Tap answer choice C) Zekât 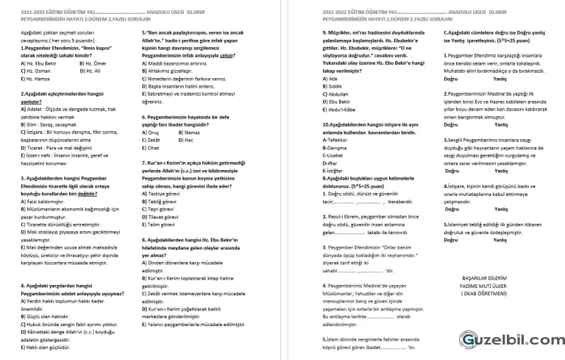[153, 140]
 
